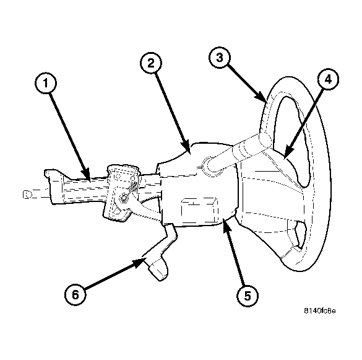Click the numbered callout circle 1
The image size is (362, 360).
(46, 83)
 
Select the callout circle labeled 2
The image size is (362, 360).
(151, 63)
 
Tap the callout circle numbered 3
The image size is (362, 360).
(220, 58)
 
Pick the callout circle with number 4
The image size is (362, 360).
(328, 79)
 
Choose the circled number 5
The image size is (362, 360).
(248, 296)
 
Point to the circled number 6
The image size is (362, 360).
(75, 294)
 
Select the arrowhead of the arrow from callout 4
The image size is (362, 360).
(289, 152)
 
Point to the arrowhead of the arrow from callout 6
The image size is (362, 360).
(138, 263)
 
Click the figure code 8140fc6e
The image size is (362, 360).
(320, 311)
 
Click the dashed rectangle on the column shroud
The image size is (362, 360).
(199, 209)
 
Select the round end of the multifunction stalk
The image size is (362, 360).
(265, 141)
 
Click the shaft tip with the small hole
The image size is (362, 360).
(28, 195)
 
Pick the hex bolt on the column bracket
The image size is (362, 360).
(123, 198)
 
